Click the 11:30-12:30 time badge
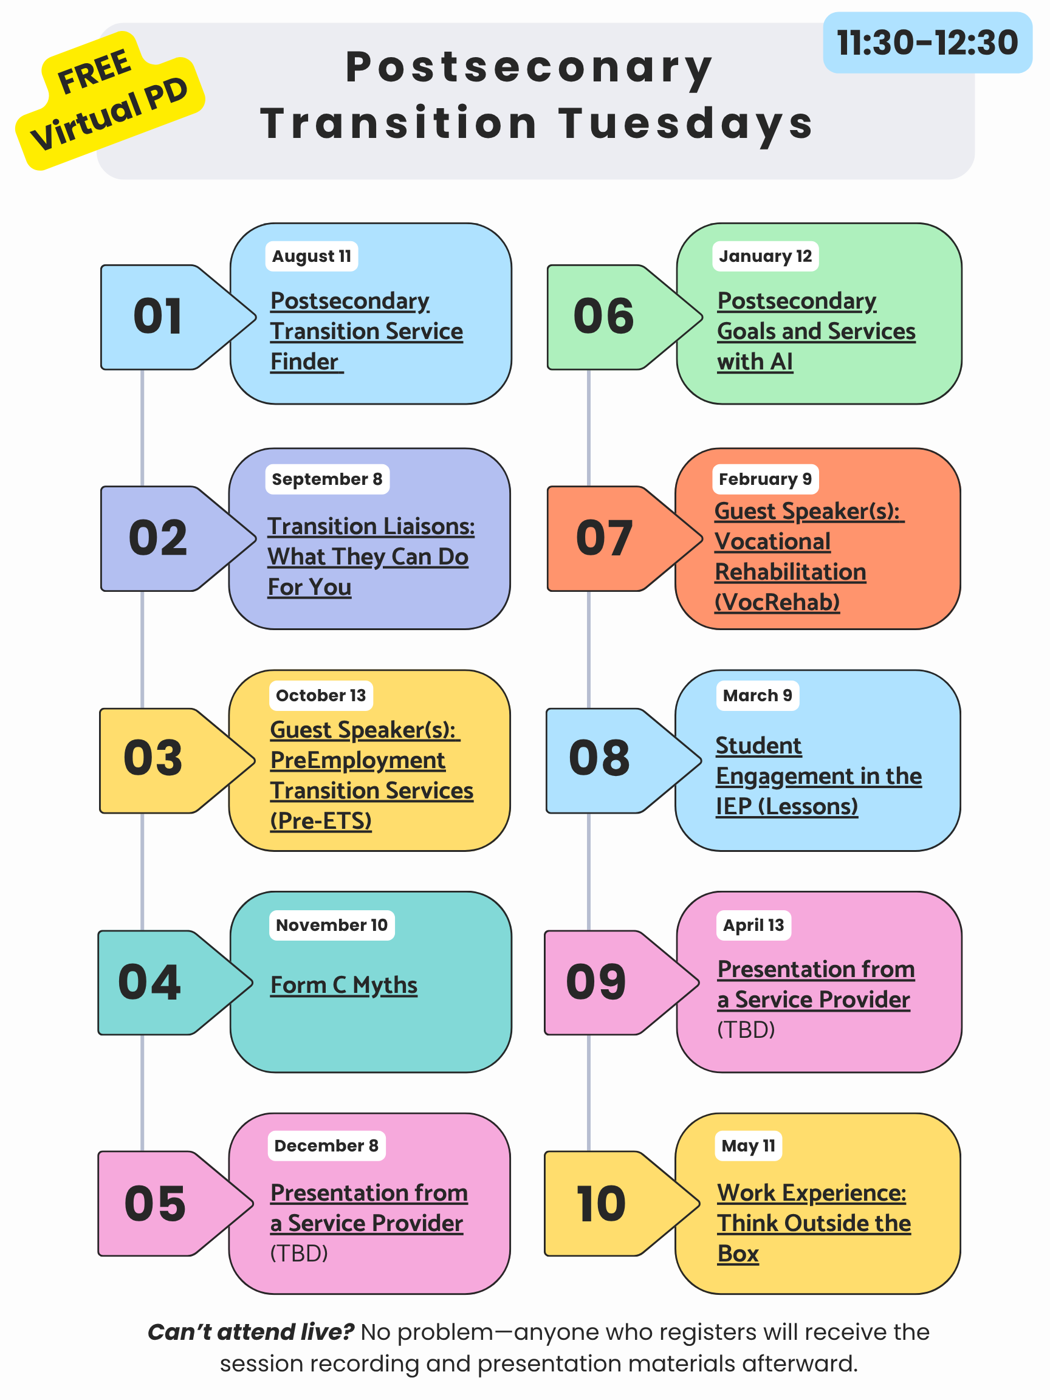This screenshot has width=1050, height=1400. pos(927,43)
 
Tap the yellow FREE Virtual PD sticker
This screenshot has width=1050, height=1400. pos(110,101)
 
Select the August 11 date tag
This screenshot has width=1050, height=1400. pos(311,256)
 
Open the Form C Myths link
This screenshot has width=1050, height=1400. pos(344,985)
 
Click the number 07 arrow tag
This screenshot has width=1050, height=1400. pos(624,538)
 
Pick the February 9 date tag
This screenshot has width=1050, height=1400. pos(765,479)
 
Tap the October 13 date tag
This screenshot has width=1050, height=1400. pos(321,696)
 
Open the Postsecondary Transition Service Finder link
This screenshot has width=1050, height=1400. pos(366,331)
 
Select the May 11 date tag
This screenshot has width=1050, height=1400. pos(748,1145)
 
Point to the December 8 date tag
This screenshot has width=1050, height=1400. pos(326,1145)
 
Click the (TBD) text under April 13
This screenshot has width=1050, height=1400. pos(746,1030)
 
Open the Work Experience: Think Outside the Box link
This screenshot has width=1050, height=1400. pos(814,1223)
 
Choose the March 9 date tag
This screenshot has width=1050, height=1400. pos(758,696)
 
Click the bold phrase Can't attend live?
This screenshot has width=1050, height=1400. pos(250,1333)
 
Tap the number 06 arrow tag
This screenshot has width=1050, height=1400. pos(625,317)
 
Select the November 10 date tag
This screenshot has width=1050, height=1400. pos(332,925)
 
